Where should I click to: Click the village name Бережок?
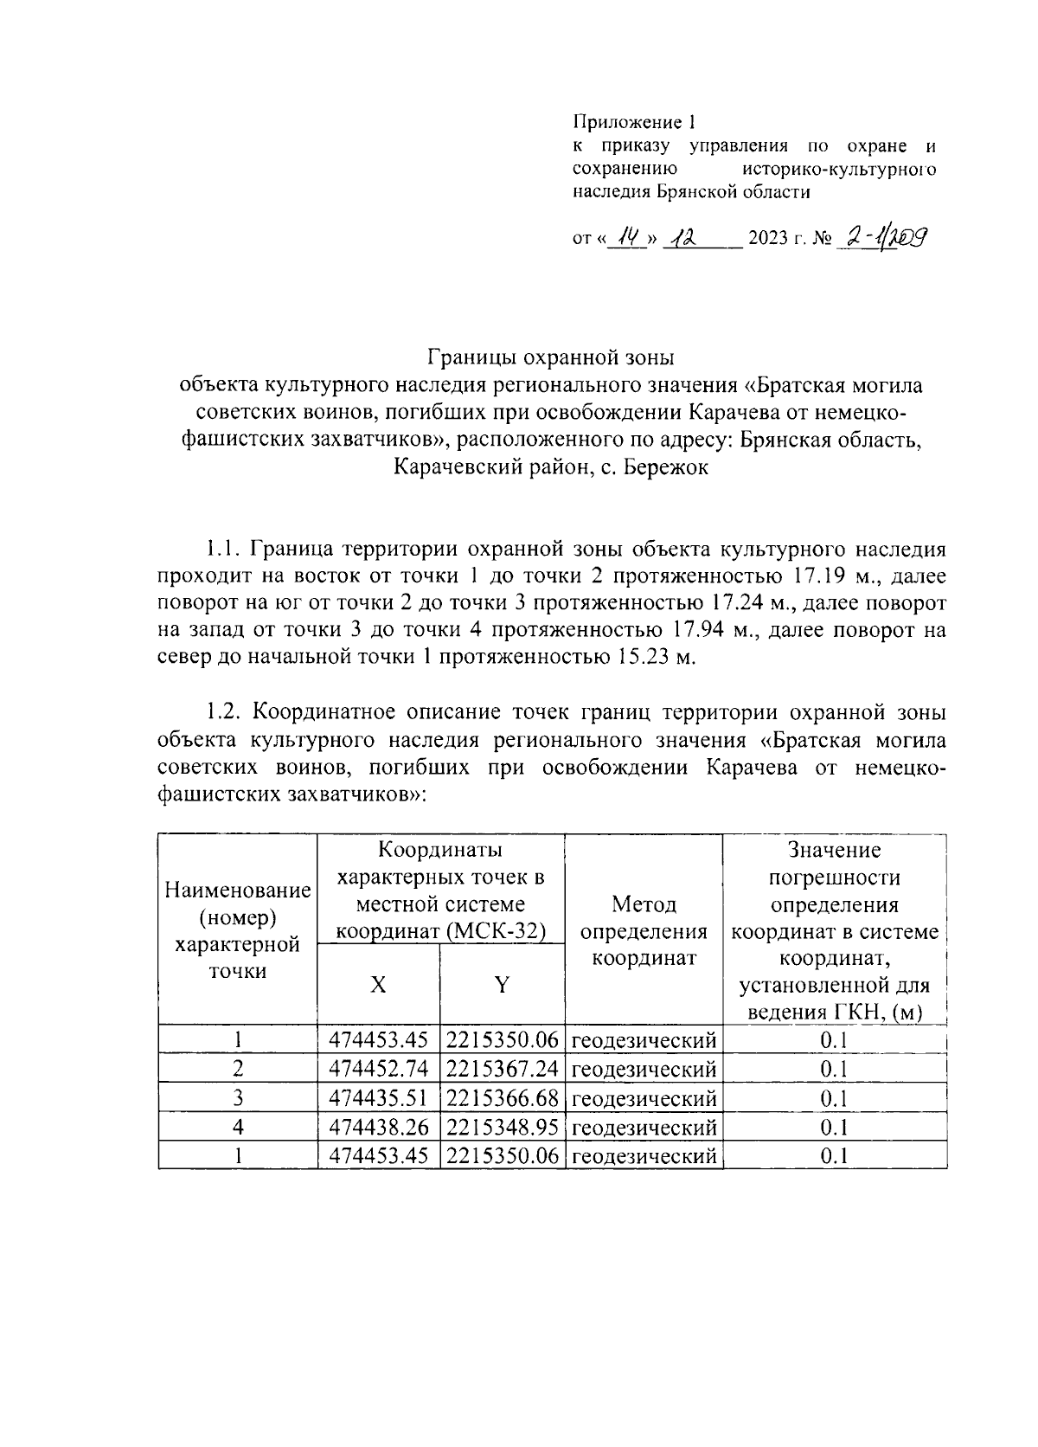667,468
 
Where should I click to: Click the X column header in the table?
378,985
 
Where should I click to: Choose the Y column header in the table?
502,985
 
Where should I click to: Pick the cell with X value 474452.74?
379,1069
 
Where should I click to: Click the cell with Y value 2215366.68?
503,1098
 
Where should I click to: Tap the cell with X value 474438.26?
379,1127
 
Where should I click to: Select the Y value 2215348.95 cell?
503,1127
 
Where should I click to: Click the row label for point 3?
238,1098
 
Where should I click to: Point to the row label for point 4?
238,1127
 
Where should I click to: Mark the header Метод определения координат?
644,931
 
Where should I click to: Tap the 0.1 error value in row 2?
834,1069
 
